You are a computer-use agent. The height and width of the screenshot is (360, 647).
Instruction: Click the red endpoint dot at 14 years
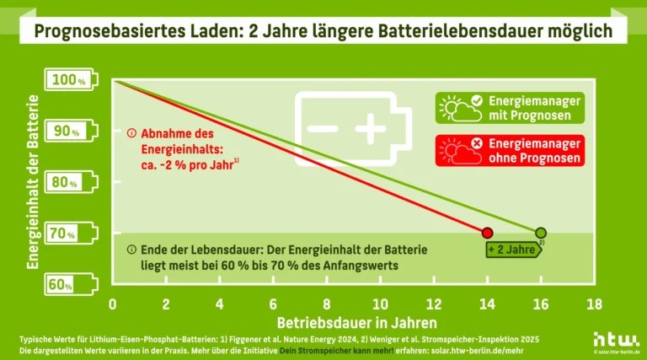coord(486,232)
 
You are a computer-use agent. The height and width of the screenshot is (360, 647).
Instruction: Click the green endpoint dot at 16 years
coord(540,232)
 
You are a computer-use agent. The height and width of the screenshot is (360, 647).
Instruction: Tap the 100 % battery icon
coord(72,81)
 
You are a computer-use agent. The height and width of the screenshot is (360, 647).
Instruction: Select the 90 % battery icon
coord(72,132)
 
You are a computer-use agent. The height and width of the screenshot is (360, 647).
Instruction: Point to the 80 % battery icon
coord(72,182)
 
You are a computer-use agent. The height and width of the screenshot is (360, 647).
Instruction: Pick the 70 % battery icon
coord(72,233)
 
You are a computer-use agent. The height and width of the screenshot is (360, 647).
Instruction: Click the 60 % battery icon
coord(72,284)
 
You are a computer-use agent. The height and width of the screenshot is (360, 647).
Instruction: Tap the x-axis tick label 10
coord(380,303)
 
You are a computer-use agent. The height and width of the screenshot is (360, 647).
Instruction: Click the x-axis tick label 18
coord(594,303)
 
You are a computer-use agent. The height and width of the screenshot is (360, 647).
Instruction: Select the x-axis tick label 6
coord(273,303)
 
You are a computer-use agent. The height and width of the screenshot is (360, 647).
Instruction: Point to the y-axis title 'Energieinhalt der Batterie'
coord(34,181)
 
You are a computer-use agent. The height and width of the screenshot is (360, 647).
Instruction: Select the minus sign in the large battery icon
coord(321,129)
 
